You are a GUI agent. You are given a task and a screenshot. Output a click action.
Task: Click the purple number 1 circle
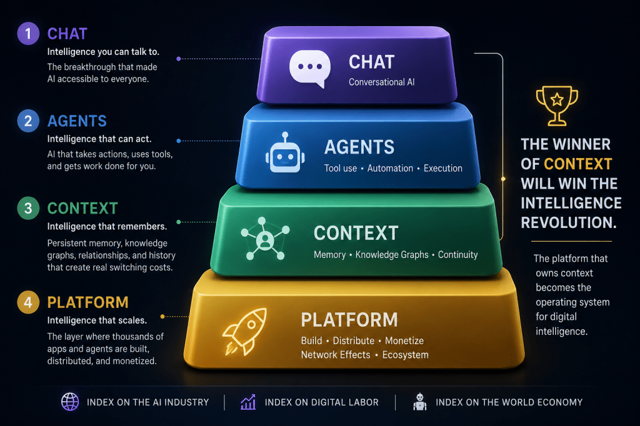[x=28, y=33]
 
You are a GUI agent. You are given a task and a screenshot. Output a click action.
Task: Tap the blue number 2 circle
[x=28, y=121]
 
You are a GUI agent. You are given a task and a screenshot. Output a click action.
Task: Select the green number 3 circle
[x=28, y=208]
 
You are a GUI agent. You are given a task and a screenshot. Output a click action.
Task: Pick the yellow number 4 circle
[x=28, y=302]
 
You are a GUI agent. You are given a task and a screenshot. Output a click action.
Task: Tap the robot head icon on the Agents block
[x=285, y=153]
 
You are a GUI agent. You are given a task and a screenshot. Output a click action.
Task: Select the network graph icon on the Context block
[x=265, y=239]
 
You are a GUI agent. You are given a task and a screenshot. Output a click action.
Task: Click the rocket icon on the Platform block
[x=244, y=331]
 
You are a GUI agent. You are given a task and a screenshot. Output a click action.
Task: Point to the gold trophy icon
[x=557, y=106]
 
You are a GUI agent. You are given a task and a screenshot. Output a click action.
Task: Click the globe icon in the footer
[x=70, y=402]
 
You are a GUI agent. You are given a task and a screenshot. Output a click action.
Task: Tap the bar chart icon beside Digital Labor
[x=248, y=402]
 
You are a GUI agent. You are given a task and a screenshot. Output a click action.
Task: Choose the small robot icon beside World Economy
[x=419, y=402]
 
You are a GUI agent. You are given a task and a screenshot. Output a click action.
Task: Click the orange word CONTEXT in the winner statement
[x=578, y=164]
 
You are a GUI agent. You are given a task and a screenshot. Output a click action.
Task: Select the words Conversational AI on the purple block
[x=382, y=82]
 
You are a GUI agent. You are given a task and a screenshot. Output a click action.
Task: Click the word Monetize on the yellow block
[x=404, y=340]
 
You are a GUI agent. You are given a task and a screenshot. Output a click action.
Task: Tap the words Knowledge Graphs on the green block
[x=392, y=255]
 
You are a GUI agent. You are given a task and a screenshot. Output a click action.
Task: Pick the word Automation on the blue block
[x=390, y=168]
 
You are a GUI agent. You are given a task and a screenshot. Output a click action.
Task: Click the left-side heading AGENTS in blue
[x=77, y=121]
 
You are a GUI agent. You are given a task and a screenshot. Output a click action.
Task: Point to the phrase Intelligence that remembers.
[x=107, y=227]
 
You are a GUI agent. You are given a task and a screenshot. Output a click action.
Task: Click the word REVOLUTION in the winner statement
[x=569, y=223]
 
